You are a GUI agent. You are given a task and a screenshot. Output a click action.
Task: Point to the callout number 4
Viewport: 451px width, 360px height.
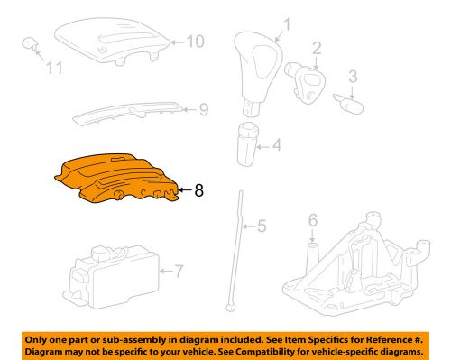277,143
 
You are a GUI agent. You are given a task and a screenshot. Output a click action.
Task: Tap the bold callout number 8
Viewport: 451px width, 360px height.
199,190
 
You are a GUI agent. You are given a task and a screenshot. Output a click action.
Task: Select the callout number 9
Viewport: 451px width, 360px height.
203,110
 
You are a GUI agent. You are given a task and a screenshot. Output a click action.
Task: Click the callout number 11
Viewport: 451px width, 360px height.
54,68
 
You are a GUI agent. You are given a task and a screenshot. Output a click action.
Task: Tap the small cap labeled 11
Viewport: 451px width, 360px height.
30,42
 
